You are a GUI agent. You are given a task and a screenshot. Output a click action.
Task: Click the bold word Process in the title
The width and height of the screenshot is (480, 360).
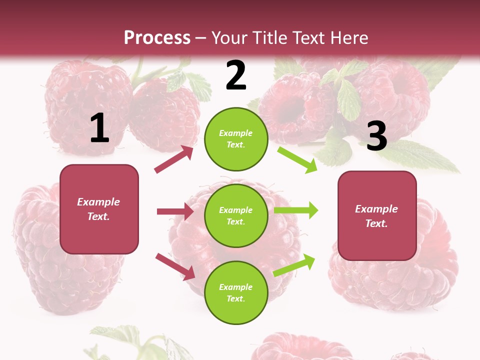pyautogui.click(x=157, y=37)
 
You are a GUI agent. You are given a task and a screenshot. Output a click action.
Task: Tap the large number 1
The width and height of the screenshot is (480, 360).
pyautogui.click(x=99, y=128)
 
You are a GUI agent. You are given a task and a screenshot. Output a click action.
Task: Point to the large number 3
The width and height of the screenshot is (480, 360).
pyautogui.click(x=376, y=136)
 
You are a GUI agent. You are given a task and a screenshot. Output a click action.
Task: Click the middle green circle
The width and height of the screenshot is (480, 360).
pyautogui.click(x=236, y=215)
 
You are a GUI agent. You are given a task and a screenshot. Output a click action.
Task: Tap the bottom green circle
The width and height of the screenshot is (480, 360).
pyautogui.click(x=236, y=292)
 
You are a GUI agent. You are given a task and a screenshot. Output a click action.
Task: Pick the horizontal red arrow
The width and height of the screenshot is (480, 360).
pyautogui.click(x=175, y=211)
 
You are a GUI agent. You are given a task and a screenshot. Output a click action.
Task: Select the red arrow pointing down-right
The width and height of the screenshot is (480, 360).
pyautogui.click(x=175, y=266)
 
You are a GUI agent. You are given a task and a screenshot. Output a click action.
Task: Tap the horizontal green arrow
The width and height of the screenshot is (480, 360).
pyautogui.click(x=295, y=210)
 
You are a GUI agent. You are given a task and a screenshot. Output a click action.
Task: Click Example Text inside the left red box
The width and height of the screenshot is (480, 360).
pyautogui.click(x=98, y=209)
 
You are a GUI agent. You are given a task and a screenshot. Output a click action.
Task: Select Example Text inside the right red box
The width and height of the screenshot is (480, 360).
pyautogui.click(x=376, y=216)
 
